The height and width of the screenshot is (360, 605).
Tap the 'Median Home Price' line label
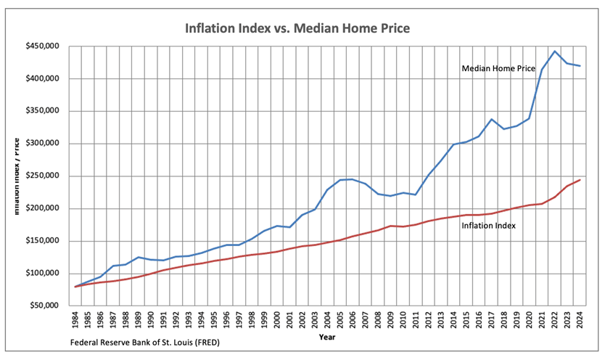(x=498, y=68)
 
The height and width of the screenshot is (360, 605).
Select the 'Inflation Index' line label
(x=488, y=226)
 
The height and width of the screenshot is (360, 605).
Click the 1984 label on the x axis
(x=75, y=320)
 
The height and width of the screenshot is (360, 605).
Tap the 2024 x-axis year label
(x=580, y=320)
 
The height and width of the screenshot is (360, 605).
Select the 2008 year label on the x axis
(x=378, y=320)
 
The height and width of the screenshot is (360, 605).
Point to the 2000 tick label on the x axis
(x=277, y=320)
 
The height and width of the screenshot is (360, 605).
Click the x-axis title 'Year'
(x=328, y=337)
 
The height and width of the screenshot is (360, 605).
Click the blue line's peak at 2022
(x=554, y=52)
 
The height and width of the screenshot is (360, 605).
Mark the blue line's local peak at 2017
(x=491, y=119)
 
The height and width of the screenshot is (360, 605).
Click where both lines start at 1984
(x=75, y=287)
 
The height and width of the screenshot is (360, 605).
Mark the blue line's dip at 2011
(x=416, y=195)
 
